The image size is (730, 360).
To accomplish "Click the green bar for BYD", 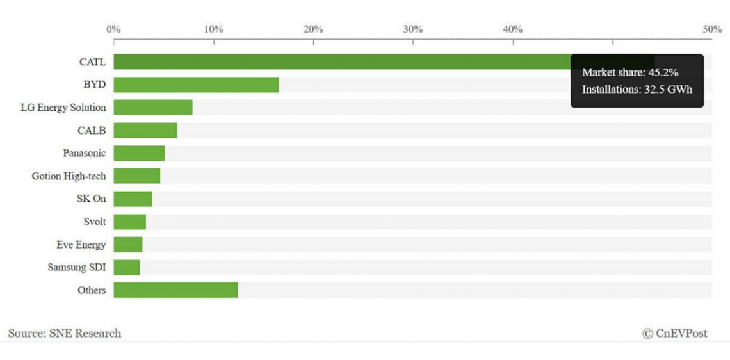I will [x=196, y=85].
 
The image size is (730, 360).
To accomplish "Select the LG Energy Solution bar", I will [x=153, y=108].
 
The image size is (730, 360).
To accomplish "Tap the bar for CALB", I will [x=145, y=131].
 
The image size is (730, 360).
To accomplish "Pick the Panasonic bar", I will [x=139, y=154].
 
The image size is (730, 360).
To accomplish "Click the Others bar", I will [x=175, y=290].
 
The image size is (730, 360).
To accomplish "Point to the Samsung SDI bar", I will [x=127, y=268].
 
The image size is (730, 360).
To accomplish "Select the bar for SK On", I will [x=133, y=199].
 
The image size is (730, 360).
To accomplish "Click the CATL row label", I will [x=92, y=62].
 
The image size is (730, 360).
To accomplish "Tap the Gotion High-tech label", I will [x=69, y=176].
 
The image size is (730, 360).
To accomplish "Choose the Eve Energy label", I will [x=81, y=245].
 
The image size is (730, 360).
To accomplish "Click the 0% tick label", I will [x=113, y=29].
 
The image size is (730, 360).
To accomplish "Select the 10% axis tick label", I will [x=213, y=29].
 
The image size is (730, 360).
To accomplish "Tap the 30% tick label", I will [x=413, y=29].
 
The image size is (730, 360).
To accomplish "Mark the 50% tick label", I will [x=712, y=29].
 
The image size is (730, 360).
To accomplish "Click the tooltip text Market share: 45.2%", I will [x=629, y=72].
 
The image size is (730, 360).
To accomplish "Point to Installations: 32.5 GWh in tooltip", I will [x=637, y=90].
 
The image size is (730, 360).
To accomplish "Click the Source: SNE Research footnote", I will [x=65, y=333].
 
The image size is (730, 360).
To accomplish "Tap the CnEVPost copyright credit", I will [x=675, y=333].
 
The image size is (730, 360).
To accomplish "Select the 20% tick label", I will [x=313, y=29].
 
